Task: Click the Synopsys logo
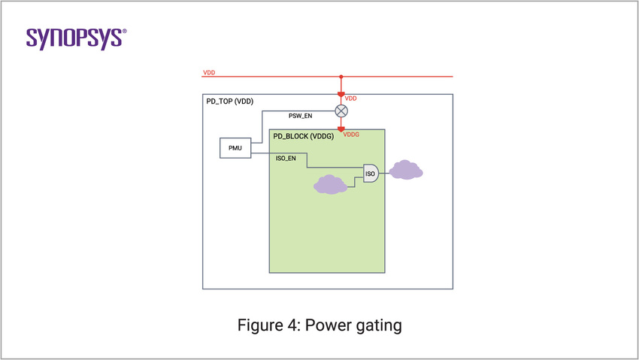pyautogui.click(x=76, y=38)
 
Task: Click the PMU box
pyautogui.click(x=235, y=147)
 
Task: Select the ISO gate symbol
pyautogui.click(x=371, y=174)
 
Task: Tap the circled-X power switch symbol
pyautogui.click(x=341, y=110)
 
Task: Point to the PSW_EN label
pyautogui.click(x=301, y=116)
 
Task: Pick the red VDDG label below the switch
pyautogui.click(x=352, y=135)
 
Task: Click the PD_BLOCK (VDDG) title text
pyautogui.click(x=304, y=137)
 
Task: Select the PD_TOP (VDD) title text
pyautogui.click(x=230, y=101)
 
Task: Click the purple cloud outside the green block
pyautogui.click(x=406, y=171)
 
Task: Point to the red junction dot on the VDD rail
pyautogui.click(x=341, y=76)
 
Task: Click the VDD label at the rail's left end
pyautogui.click(x=209, y=72)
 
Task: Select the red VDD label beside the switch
pyautogui.click(x=350, y=98)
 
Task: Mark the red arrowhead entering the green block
pyautogui.click(x=341, y=129)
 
